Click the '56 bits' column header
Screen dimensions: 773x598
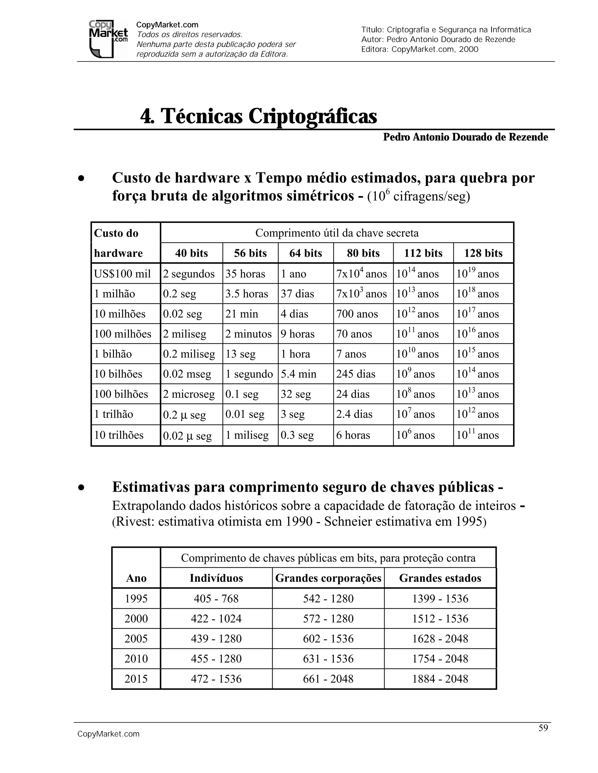click(250, 253)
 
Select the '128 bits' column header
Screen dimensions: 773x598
click(483, 253)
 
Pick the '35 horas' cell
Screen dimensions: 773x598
click(245, 274)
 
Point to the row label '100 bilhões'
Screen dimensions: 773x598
click(121, 394)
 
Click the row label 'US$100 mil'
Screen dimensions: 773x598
click(122, 274)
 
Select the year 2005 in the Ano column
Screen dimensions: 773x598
click(136, 639)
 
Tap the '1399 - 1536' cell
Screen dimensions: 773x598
click(440, 599)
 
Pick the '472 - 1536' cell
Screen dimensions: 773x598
click(216, 678)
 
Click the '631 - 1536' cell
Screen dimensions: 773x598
click(328, 658)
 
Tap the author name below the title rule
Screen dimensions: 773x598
click(465, 137)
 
